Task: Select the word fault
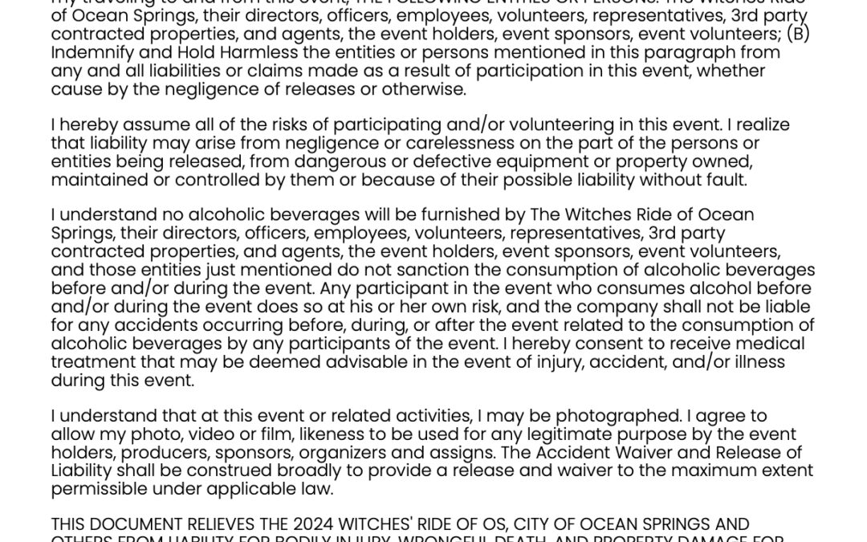click(x=727, y=180)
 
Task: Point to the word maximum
click(x=698, y=471)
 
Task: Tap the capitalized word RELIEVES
click(x=211, y=524)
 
